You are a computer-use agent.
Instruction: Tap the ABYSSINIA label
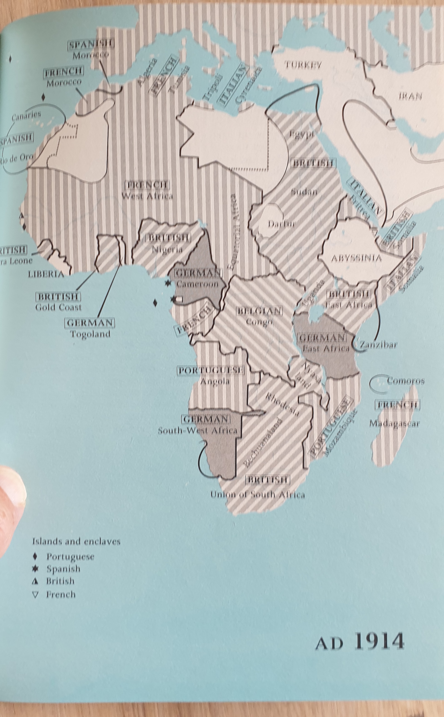356,258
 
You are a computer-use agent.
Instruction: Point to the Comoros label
405,381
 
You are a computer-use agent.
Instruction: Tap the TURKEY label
302,65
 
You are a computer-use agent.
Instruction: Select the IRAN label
410,96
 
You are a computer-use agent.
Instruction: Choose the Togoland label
90,334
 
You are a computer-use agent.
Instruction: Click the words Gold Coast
58,307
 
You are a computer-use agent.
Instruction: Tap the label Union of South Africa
257,494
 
